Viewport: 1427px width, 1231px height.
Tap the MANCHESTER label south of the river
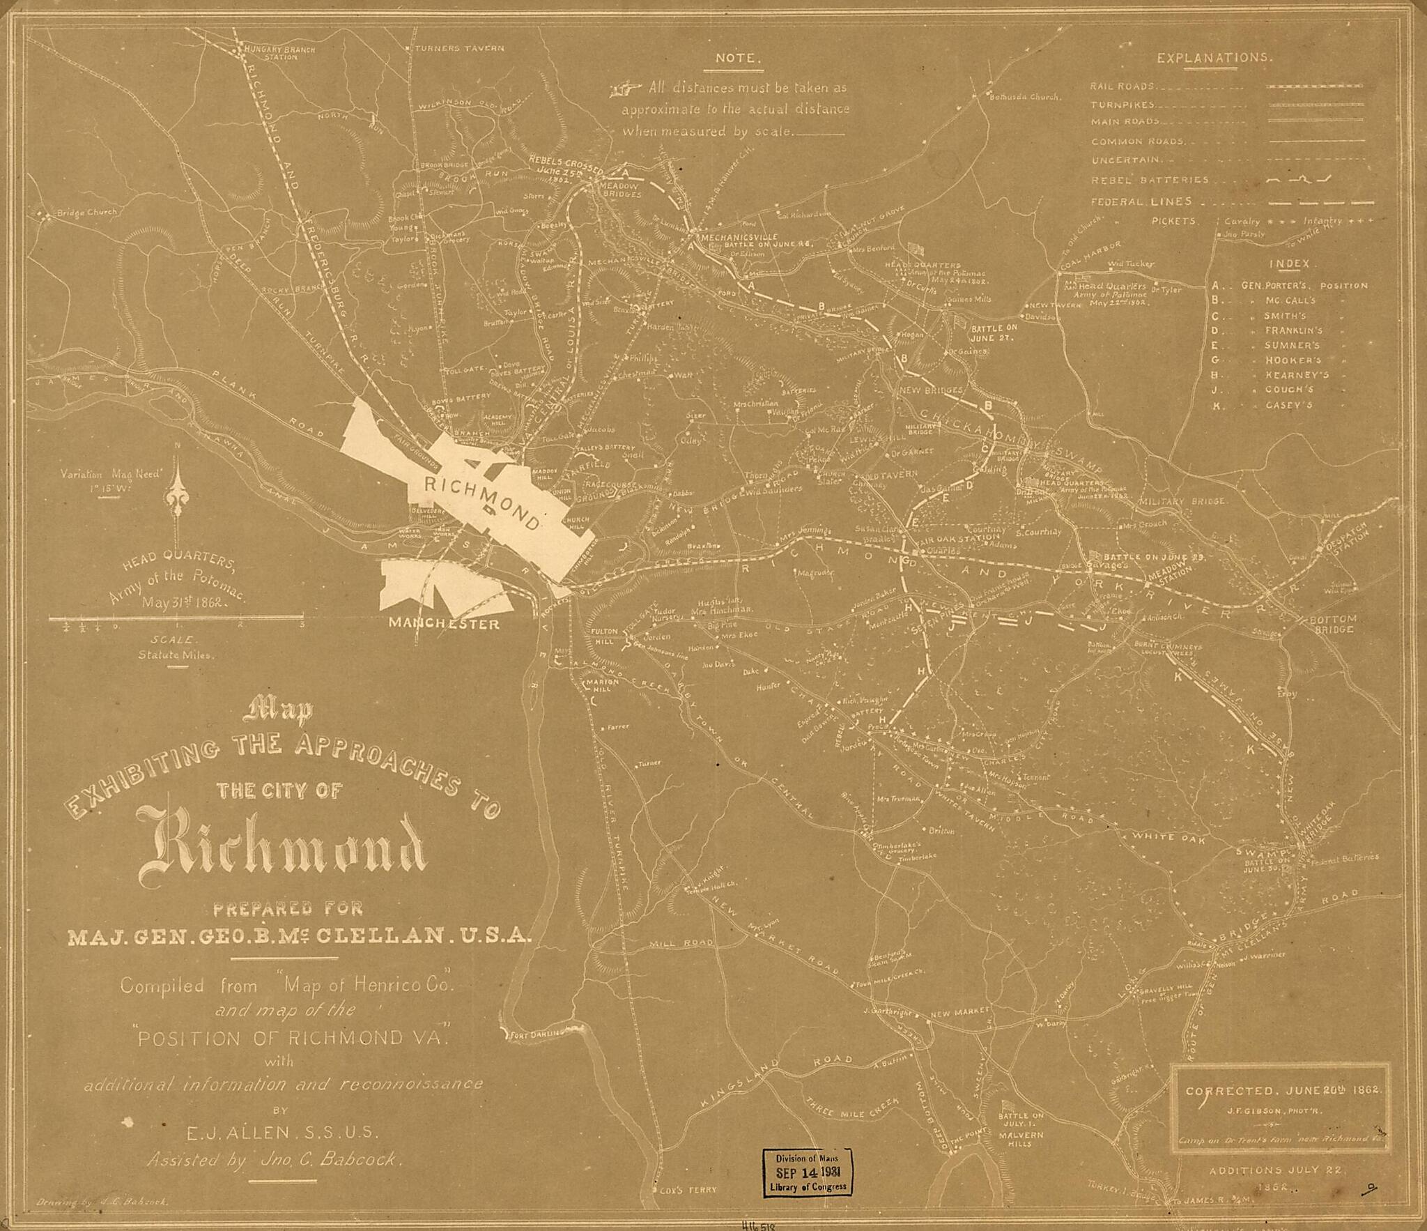pyautogui.click(x=444, y=623)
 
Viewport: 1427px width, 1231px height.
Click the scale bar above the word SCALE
pyautogui.click(x=176, y=617)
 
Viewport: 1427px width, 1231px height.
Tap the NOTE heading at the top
pyautogui.click(x=736, y=59)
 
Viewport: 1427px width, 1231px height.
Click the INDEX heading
pyautogui.click(x=1289, y=265)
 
